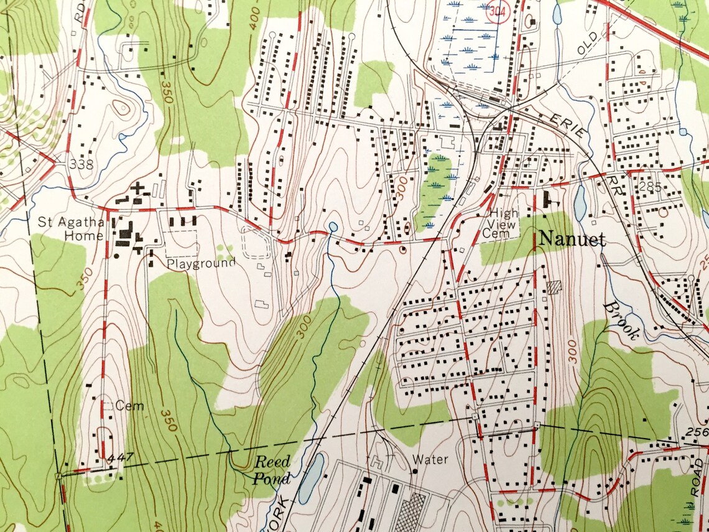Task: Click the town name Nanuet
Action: tap(572, 238)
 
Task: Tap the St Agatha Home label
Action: tap(70, 228)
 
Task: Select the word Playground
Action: tap(201, 263)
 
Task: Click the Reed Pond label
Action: tap(272, 470)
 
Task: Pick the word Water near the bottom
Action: tap(430, 460)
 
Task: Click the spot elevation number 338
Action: tap(81, 165)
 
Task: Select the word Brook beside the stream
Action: tap(620, 320)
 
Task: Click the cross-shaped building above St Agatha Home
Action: tap(137, 187)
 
